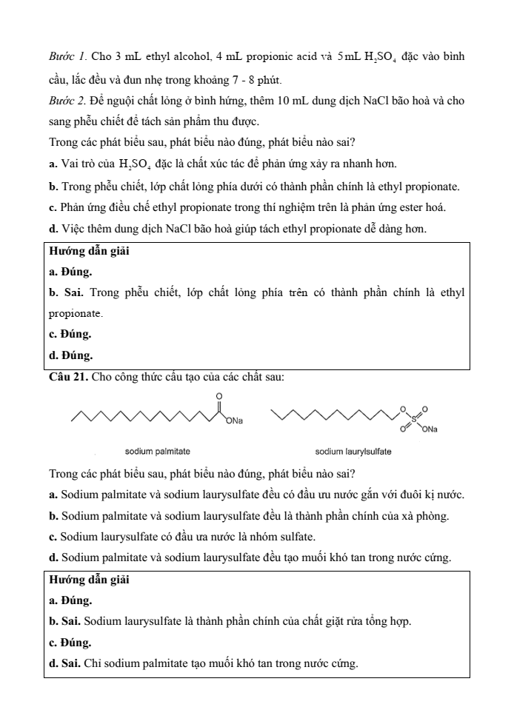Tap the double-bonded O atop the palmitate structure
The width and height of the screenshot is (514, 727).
coord(218,397)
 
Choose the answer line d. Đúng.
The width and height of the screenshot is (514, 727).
coord(70,355)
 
